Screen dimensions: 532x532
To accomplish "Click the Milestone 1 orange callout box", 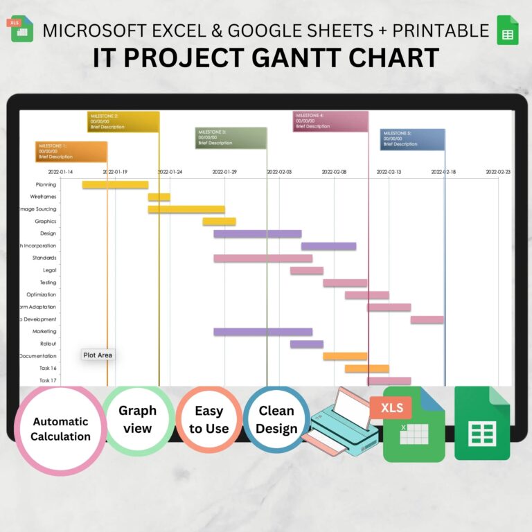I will click(x=71, y=151).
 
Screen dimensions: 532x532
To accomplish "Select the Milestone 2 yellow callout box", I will click(x=123, y=121).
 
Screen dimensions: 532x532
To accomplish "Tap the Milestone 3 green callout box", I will click(x=231, y=137).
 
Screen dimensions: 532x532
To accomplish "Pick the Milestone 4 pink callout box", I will click(x=330, y=121).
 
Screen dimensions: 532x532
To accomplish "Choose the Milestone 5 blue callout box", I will click(x=412, y=139).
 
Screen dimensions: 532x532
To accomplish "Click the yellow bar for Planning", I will click(x=115, y=185).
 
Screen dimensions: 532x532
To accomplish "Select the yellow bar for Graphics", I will click(x=219, y=222).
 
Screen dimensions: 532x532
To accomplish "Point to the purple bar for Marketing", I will click(x=263, y=332).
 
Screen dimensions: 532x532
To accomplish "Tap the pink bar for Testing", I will click(x=345, y=283).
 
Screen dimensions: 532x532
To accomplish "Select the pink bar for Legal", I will click(x=306, y=270).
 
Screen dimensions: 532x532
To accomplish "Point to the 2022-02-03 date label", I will click(x=280, y=171).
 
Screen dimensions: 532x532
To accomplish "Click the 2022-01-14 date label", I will click(x=60, y=171).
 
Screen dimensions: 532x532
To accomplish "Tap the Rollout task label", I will click(x=48, y=344).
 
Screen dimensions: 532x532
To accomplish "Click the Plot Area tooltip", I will click(x=98, y=355).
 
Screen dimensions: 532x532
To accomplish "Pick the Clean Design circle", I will click(x=276, y=420).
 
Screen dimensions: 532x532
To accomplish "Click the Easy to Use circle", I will click(x=209, y=420).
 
